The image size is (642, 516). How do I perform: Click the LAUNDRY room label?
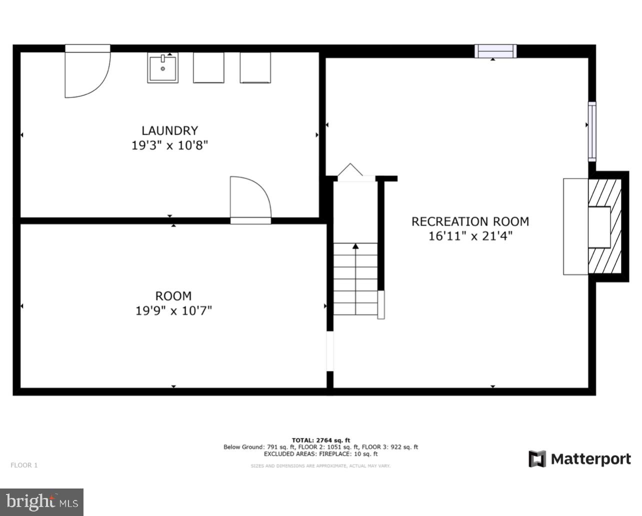click(x=169, y=130)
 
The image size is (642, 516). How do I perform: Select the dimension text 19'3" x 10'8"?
click(x=169, y=145)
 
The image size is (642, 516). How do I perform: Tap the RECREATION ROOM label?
click(x=470, y=221)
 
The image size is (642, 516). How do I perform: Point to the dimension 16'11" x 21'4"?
click(x=470, y=236)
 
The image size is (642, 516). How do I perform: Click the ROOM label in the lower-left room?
click(x=173, y=296)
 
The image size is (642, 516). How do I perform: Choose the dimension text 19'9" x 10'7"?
click(x=173, y=311)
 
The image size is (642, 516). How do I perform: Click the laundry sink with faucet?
click(x=162, y=68)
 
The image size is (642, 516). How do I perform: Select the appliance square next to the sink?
click(x=208, y=67)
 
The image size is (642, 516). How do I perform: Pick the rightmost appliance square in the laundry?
click(x=255, y=67)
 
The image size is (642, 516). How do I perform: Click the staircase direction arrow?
click(x=355, y=246)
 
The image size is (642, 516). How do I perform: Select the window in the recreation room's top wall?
click(x=495, y=51)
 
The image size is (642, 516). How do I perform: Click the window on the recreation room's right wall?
click(x=592, y=131)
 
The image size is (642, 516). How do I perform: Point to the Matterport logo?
click(x=579, y=459)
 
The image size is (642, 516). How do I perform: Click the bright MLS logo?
click(x=41, y=501)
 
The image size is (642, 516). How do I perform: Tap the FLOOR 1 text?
click(x=24, y=465)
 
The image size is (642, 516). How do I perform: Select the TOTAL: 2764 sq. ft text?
click(x=320, y=440)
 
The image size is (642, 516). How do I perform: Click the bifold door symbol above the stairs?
click(x=350, y=171)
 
